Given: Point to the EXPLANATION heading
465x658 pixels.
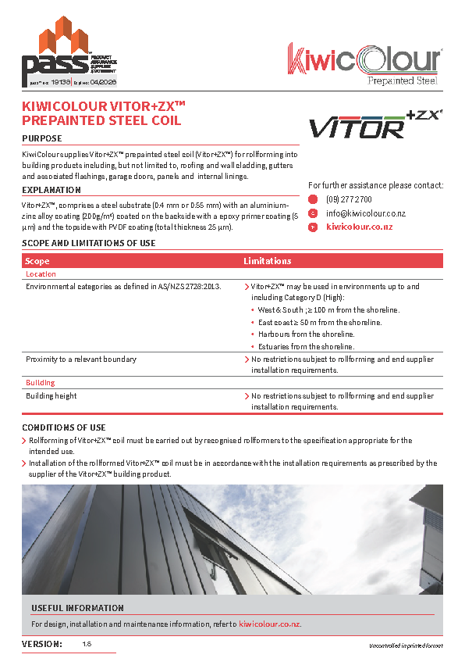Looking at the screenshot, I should pos(51,190).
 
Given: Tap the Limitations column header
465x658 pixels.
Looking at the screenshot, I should pos(268,261).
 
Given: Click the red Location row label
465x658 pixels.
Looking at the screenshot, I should pos(41,274).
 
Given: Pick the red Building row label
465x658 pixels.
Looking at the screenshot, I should pos(41,383).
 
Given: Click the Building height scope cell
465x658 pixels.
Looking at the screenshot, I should pos(51,396).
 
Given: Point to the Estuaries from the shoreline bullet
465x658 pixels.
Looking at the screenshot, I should pos(306,346).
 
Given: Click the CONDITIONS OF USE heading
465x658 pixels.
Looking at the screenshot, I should pos(64,427).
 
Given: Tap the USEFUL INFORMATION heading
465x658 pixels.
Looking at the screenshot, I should pos(77,608).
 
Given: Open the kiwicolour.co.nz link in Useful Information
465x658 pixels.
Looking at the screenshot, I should pos(269,624).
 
